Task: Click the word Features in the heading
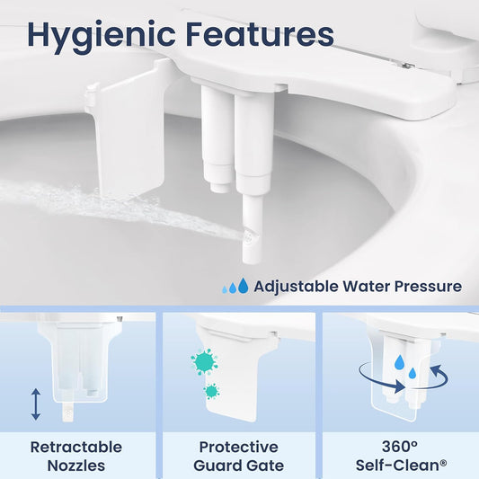pos(260,33)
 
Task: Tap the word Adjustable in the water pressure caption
pos(296,288)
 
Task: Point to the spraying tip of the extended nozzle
pos(248,237)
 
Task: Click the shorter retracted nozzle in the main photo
pos(217,139)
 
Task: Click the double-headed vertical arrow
pos(36,404)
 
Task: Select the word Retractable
pos(76,448)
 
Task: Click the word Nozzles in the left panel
pos(76,466)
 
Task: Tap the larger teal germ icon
pos(204,361)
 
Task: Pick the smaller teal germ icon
pos(211,391)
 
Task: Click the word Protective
pos(238,448)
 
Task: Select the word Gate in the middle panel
pos(265,466)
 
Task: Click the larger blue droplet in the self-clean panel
pos(400,361)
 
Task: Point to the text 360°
pos(400,447)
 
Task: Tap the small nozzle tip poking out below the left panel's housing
pos(67,412)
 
